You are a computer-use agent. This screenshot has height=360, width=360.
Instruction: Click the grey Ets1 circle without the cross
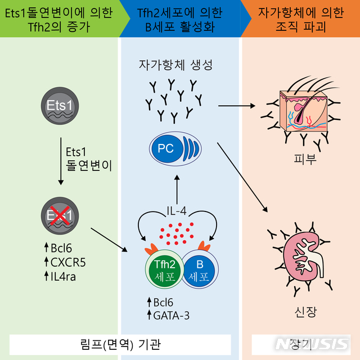click(60, 106)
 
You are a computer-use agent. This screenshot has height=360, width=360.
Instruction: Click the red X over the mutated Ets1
click(60, 215)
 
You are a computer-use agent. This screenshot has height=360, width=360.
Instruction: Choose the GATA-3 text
click(171, 316)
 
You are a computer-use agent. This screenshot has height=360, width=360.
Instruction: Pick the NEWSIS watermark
click(312, 344)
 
